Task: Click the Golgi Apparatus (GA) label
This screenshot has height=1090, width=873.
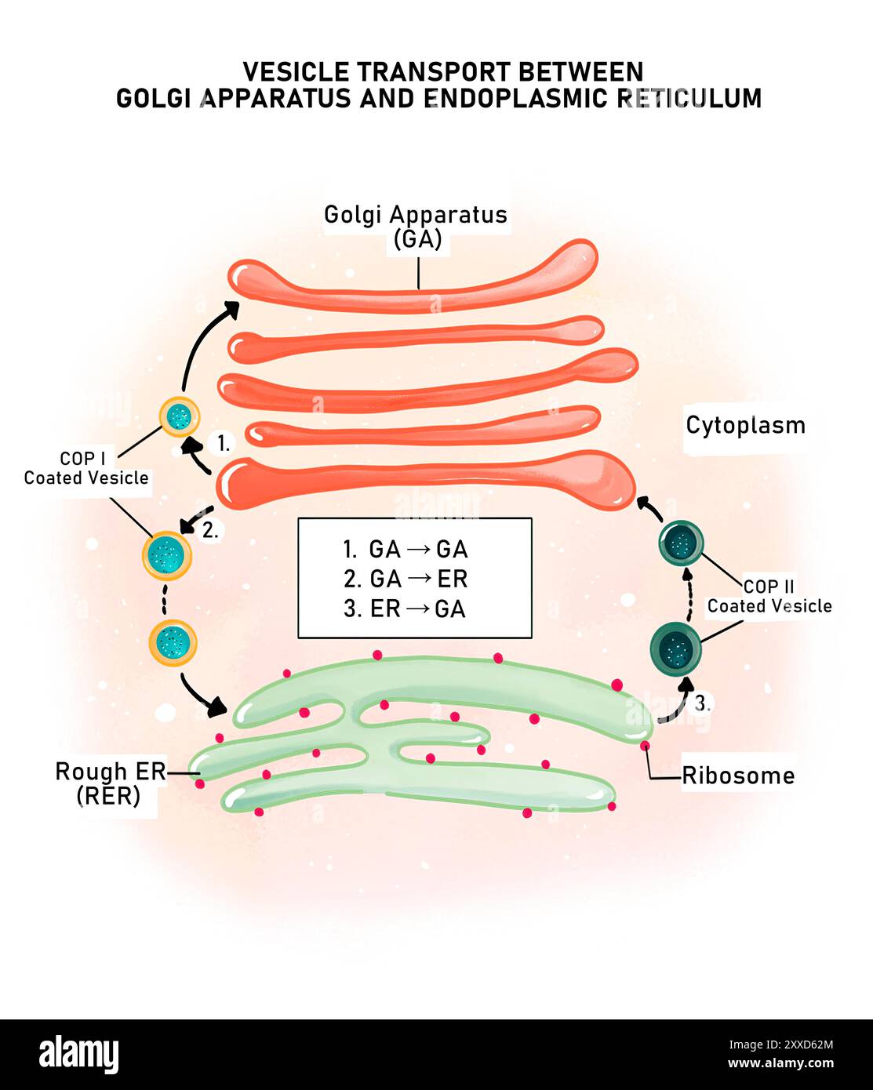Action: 416,226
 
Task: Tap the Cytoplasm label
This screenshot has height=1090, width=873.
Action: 745,425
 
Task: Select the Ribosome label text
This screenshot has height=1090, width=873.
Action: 738,776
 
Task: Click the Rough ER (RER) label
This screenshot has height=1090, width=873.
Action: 110,783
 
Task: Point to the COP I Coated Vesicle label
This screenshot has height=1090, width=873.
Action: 85,468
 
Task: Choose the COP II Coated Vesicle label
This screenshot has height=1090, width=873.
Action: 769,597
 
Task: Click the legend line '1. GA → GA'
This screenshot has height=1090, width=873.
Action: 406,549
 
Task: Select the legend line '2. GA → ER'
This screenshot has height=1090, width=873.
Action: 406,579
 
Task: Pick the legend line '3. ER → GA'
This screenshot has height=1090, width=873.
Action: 405,609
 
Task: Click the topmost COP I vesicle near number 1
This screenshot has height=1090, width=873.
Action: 180,416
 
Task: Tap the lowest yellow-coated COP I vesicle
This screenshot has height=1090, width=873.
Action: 173,643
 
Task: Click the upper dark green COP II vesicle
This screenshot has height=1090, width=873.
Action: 681,542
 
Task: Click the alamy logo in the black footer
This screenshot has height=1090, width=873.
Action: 78,1054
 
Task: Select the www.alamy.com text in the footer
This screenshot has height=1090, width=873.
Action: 780,1064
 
